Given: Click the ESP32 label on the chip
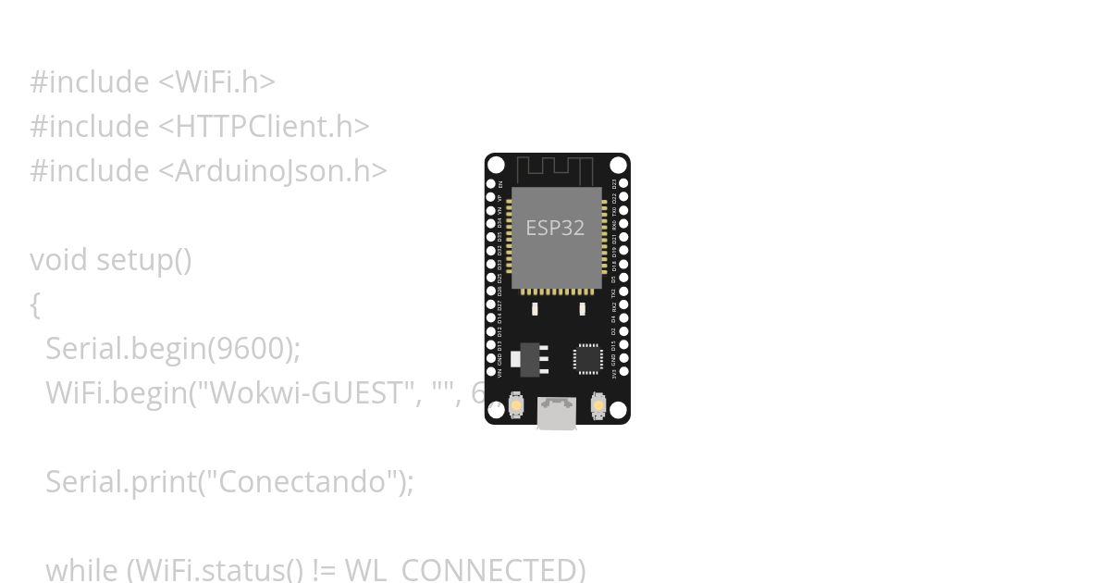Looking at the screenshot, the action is pos(555,228).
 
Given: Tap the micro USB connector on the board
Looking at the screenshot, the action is pos(557,414).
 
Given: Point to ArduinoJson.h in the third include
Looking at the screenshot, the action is pos(275,171).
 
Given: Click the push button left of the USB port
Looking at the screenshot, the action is pos(516,406).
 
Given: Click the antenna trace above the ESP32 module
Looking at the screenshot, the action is pos(554,170).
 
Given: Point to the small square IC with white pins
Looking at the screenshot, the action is pos(587,359).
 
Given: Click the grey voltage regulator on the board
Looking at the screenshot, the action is pos(530,358).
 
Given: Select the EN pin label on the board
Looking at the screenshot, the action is pos(500,184).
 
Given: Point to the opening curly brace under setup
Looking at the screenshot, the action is pos(35,304).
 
